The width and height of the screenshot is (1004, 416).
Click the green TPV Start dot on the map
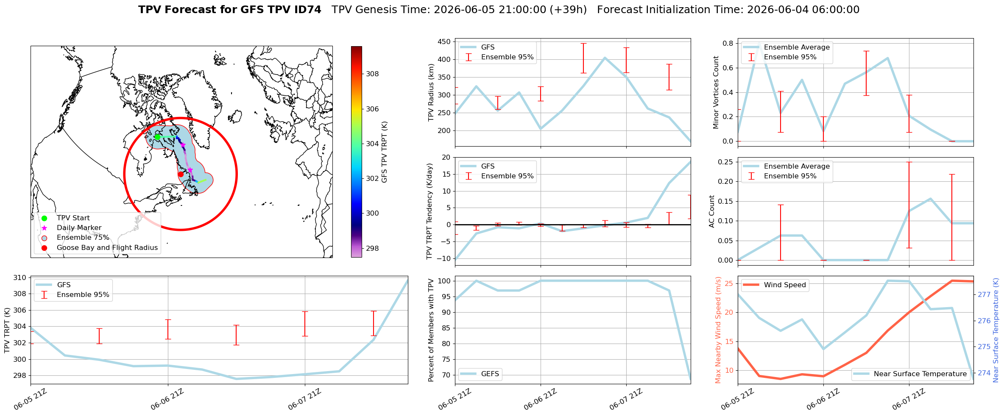click(x=157, y=137)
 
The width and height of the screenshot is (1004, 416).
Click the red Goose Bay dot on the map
click(x=181, y=174)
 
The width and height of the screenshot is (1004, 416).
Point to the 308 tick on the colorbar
click(x=372, y=74)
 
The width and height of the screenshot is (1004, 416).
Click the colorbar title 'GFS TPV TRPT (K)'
click(x=385, y=152)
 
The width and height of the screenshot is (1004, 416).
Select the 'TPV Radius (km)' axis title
click(x=432, y=92)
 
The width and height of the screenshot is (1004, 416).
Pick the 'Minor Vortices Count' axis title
click(x=716, y=92)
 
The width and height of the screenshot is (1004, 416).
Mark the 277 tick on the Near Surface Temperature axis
click(x=984, y=294)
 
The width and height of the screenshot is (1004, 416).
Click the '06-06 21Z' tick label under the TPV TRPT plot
click(x=167, y=399)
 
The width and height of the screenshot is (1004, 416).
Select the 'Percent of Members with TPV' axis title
click(x=432, y=330)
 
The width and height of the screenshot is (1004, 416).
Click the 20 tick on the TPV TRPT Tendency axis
click(x=446, y=157)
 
